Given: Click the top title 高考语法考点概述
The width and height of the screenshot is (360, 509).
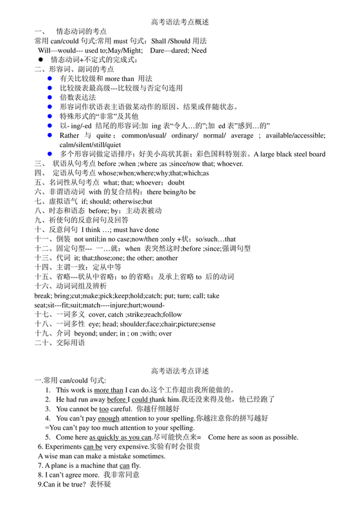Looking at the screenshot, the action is point(180,22).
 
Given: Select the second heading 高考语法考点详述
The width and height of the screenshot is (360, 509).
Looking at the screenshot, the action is point(180,371).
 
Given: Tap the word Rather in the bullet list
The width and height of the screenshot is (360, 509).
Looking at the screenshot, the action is point(69,136).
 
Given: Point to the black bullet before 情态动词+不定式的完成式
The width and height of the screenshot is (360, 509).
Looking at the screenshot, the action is point(40,59).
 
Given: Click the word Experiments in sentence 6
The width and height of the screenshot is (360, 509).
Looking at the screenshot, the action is point(63,446).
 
